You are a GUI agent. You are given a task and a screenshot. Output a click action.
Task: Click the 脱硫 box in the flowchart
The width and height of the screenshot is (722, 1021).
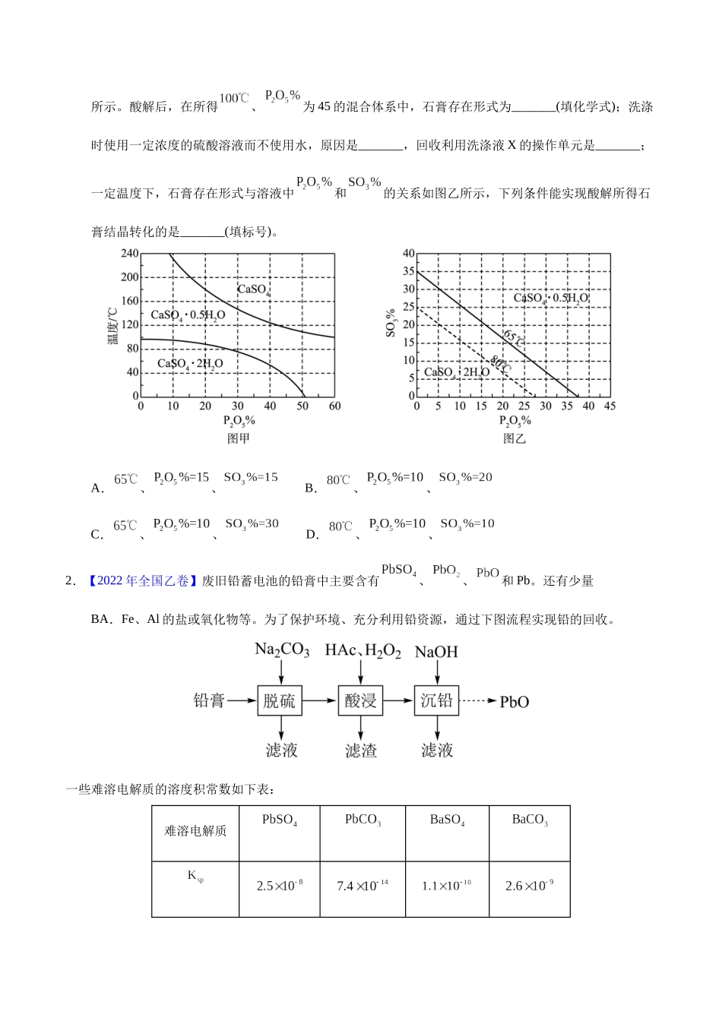[x=280, y=700]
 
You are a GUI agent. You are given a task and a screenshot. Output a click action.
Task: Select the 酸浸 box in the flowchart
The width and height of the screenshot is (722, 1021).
[x=360, y=700]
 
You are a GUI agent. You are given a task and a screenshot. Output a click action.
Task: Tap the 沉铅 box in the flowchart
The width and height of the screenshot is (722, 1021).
[x=437, y=700]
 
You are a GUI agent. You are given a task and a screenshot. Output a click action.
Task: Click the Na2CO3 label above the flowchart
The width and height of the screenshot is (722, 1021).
[x=281, y=650]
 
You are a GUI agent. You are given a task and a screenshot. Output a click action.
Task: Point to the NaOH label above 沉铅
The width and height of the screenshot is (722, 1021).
[x=436, y=652]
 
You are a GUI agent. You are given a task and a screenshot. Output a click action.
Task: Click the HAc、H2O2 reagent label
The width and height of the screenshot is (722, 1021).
[x=362, y=651]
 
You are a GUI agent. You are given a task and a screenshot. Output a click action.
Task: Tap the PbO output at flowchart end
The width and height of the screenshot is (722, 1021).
[x=515, y=702]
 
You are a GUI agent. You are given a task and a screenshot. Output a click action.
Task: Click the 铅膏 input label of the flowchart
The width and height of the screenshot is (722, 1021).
[x=209, y=700]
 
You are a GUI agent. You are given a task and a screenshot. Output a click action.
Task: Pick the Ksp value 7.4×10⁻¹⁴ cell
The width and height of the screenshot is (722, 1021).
[x=362, y=886]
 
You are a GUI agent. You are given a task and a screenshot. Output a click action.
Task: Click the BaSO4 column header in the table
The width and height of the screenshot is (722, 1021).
[x=447, y=820]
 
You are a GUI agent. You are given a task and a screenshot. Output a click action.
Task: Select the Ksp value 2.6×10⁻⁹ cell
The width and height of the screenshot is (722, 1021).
[x=529, y=886]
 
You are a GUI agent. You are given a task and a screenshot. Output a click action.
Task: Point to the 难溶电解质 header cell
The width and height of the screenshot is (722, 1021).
[x=195, y=831]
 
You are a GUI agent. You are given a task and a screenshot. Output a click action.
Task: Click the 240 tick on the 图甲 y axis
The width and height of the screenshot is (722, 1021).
[x=130, y=253]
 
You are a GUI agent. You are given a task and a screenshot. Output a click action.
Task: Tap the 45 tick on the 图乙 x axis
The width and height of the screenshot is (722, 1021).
[x=610, y=406]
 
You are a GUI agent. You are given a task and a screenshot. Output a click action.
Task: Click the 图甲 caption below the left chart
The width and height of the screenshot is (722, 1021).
[x=239, y=438]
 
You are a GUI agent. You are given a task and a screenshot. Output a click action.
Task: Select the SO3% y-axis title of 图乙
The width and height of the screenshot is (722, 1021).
[x=391, y=323]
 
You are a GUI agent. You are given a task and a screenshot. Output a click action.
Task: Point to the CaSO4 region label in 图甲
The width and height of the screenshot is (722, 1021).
[x=254, y=289]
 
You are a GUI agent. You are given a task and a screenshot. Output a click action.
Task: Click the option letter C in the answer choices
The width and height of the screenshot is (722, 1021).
[x=97, y=535]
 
